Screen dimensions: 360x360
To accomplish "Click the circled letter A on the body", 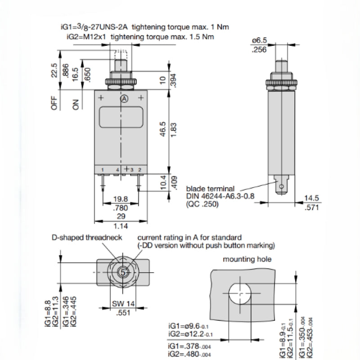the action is click(124, 99).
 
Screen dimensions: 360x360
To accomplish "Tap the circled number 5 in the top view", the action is click(123, 273).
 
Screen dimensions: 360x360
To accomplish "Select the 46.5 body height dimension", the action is click(162, 129).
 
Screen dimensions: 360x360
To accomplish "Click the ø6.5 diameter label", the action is click(260, 40).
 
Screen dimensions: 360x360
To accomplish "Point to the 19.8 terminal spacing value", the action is click(121, 199).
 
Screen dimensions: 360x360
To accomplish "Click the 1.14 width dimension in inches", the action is click(121, 226).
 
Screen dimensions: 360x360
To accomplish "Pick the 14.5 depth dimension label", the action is click(311, 198).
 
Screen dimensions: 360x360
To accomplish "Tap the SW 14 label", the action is click(123, 304).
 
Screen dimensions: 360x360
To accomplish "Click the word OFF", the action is click(54, 103).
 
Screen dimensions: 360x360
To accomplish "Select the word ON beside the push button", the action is click(76, 104).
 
